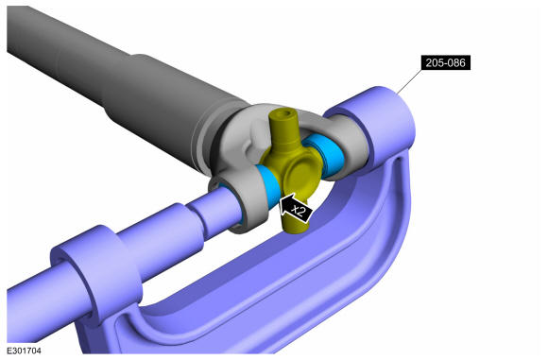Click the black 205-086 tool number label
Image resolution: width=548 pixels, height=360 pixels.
[446, 63]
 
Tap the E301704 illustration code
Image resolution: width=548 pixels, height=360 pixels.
[25, 351]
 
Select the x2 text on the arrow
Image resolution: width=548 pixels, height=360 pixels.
[299, 211]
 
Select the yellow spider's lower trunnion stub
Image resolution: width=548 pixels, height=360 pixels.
[296, 224]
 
